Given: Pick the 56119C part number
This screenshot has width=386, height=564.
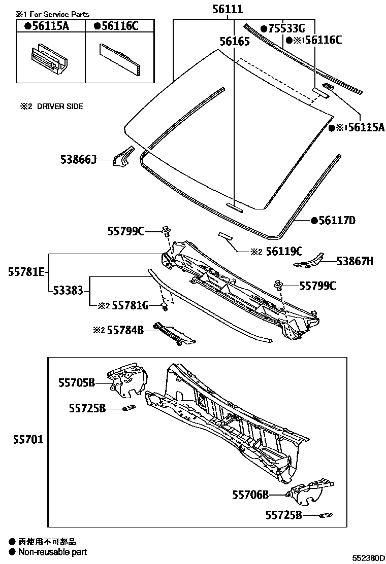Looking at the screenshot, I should coord(284,251).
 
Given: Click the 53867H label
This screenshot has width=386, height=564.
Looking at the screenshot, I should coord(355,261).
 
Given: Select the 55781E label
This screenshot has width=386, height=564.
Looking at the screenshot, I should coord(25,272).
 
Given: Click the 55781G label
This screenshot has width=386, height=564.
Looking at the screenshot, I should coord(130,305).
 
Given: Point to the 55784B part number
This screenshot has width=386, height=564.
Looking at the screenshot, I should coord(125,331).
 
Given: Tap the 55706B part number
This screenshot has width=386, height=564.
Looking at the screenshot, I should coord(250,495).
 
